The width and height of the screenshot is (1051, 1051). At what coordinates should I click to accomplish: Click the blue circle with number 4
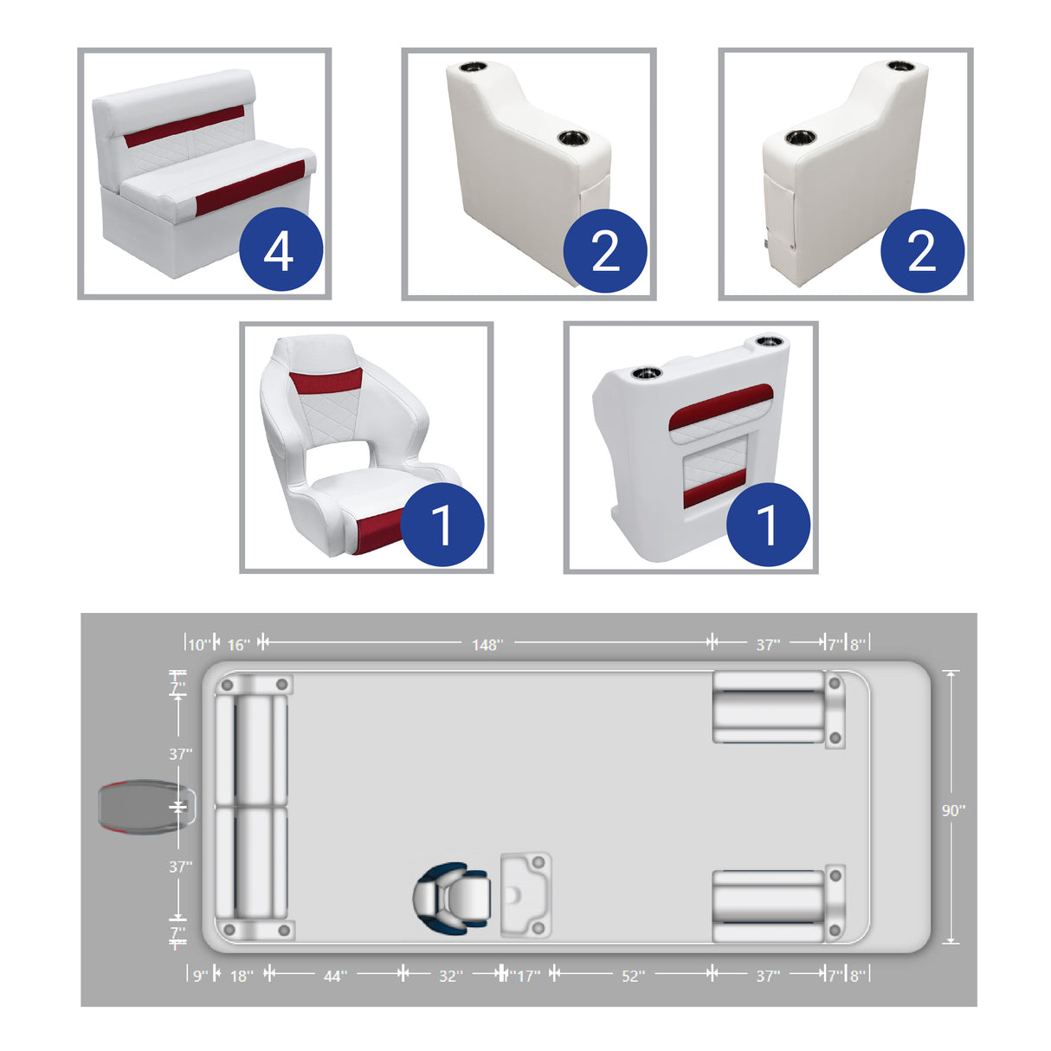click(279, 251)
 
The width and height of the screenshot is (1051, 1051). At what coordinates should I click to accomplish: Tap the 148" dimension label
click(487, 645)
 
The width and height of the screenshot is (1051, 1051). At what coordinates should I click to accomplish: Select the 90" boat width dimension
click(953, 810)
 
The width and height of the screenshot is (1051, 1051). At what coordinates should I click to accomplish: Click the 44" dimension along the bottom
click(335, 976)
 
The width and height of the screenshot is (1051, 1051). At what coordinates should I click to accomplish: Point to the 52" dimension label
click(633, 976)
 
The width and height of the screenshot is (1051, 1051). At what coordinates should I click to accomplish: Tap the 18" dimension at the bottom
click(242, 976)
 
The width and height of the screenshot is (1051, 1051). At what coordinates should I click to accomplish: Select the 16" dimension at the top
click(238, 645)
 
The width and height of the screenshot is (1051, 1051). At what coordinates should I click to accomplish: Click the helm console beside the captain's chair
click(525, 895)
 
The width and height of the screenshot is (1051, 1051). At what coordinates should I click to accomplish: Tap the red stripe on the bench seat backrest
click(184, 126)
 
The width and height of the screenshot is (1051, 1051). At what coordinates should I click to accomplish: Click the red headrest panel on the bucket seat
click(326, 380)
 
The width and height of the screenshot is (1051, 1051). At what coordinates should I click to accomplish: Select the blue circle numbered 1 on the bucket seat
click(442, 525)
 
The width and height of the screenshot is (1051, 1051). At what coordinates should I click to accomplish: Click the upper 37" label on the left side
click(180, 754)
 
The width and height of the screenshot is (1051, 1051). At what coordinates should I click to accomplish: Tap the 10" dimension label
click(198, 645)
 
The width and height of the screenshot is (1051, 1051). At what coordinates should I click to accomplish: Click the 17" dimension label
click(528, 976)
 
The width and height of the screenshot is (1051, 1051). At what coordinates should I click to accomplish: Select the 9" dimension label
click(200, 976)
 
